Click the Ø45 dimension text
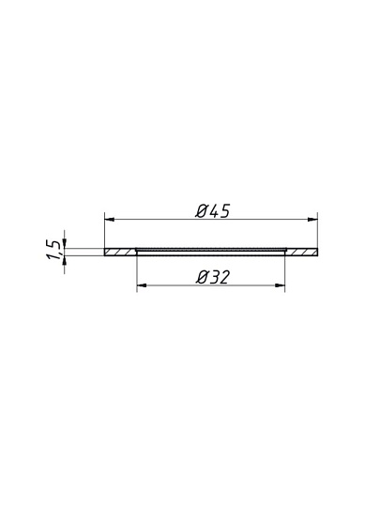(213, 211)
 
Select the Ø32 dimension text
(213, 277)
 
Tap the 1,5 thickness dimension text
(53, 250)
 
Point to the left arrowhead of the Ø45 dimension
(110, 220)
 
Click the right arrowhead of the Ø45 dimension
(312, 220)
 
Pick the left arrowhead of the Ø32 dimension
(142, 285)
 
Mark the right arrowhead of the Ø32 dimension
(280, 285)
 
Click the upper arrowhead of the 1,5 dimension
(65, 243)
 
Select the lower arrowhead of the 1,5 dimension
(65, 261)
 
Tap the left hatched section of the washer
(120, 252)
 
